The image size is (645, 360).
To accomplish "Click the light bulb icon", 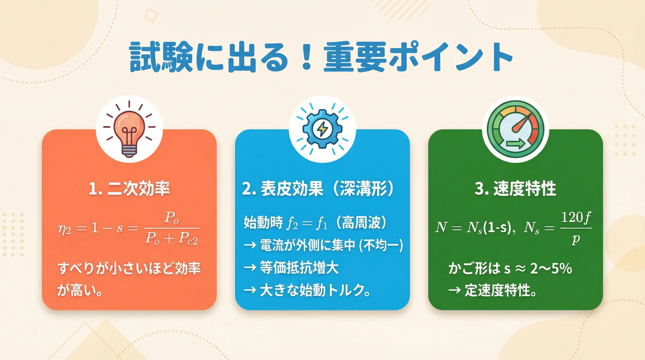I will (129, 131).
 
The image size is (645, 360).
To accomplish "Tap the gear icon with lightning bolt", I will (322, 129).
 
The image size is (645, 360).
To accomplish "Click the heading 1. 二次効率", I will (129, 189).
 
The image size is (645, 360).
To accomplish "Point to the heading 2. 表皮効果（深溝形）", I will (318, 189).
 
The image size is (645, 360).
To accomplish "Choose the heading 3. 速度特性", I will (515, 189).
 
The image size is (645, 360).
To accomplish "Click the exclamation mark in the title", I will (306, 57).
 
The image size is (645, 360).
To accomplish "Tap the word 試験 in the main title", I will (161, 57).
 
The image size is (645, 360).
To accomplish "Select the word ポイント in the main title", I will (451, 57).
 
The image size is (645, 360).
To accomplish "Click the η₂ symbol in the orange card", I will (64, 229).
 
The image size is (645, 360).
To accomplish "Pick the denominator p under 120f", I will (575, 239).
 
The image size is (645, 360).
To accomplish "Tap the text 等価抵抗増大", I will (299, 268).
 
